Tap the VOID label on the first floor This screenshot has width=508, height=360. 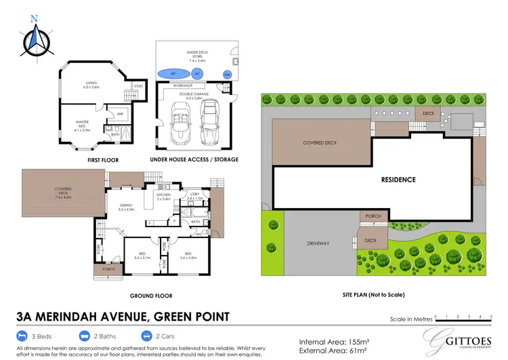coord(138,86)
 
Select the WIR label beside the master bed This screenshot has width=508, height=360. coord(120,114)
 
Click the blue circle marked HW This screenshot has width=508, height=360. coord(227,75)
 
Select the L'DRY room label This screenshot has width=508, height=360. coord(195,195)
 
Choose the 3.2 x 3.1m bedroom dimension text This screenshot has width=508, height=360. coord(142,258)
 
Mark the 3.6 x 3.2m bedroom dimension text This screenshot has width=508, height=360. coord(188,258)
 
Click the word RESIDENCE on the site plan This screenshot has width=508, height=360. coord(398,180)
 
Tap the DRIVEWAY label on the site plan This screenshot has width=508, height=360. coord(318,243)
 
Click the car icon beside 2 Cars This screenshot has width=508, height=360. coord(146,336)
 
